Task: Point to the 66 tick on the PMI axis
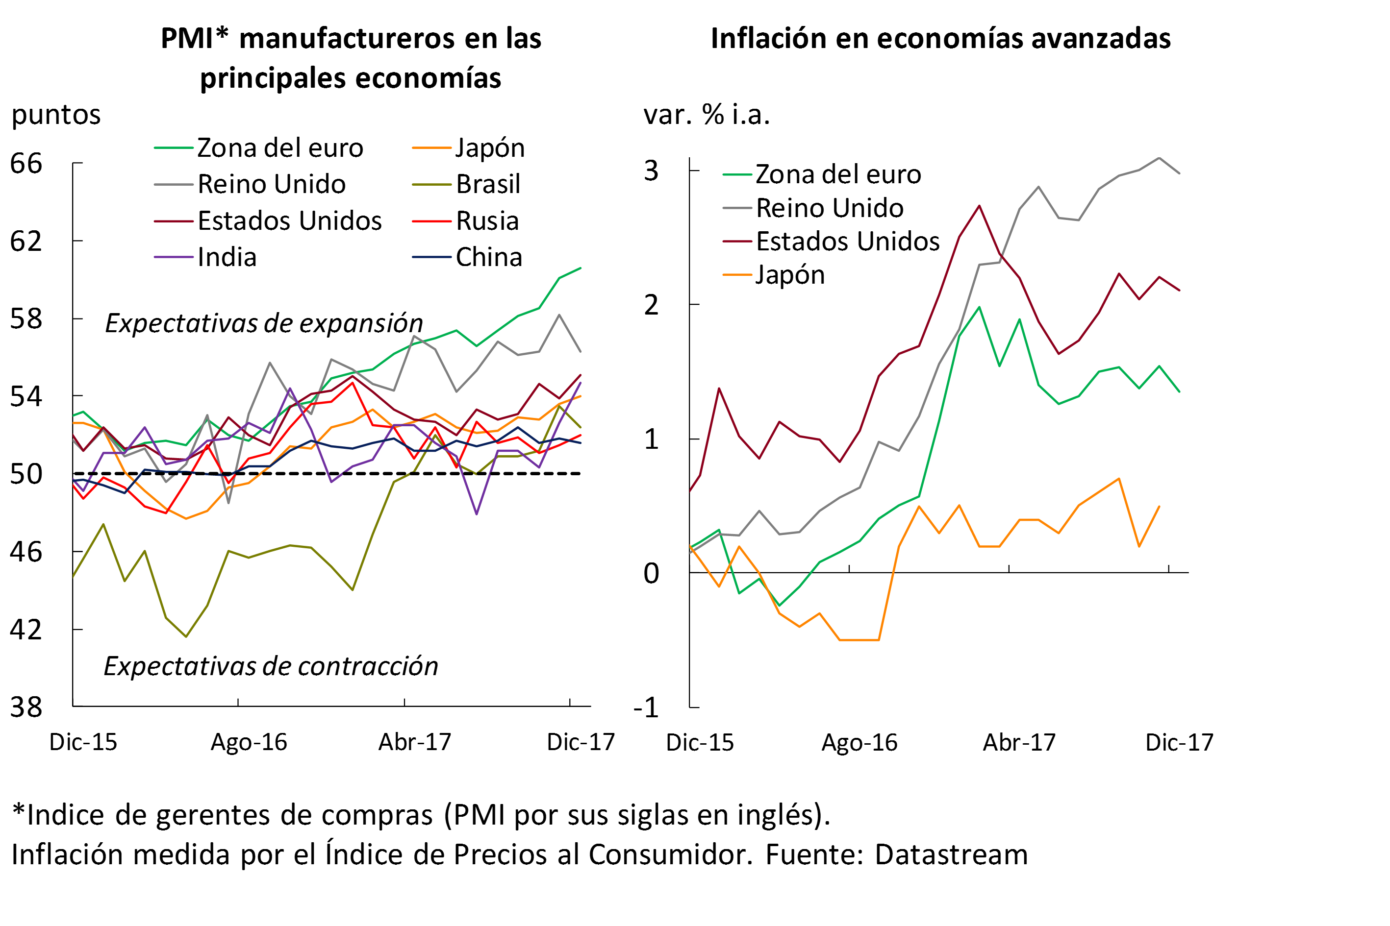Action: pos(26,164)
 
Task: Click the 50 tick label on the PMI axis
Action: pos(26,474)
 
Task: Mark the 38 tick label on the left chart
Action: pos(26,707)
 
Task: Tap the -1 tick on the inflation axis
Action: pos(646,708)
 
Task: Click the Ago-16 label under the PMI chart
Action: pos(249,742)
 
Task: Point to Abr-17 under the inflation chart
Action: pos(1019,742)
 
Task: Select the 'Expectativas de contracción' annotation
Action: pos(271,667)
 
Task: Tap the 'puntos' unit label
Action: pos(56,115)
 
